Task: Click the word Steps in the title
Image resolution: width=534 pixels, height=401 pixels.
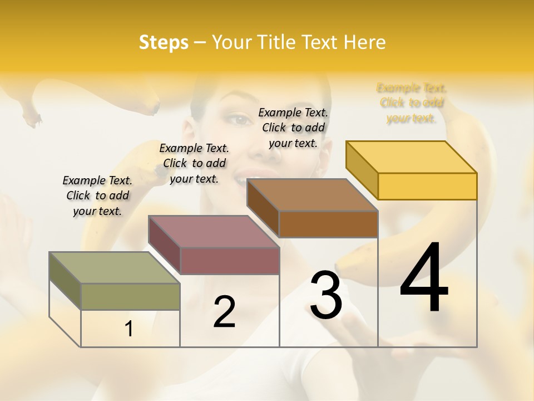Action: click(164, 42)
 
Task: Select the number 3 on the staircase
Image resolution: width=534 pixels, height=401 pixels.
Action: click(326, 295)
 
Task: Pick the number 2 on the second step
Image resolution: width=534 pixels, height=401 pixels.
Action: click(224, 312)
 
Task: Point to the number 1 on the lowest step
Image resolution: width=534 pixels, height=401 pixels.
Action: click(129, 329)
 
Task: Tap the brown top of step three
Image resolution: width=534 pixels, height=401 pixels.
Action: click(311, 195)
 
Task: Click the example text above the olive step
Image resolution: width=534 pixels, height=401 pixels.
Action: click(97, 195)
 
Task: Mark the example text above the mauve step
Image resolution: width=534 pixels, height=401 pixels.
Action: click(194, 163)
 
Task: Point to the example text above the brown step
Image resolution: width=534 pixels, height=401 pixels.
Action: click(293, 128)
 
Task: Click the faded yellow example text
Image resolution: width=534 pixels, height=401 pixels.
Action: click(412, 102)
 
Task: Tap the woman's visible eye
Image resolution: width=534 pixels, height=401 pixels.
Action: click(239, 119)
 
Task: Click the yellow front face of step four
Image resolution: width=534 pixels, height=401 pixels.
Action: click(427, 186)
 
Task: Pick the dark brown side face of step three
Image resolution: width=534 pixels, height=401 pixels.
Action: click(262, 207)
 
